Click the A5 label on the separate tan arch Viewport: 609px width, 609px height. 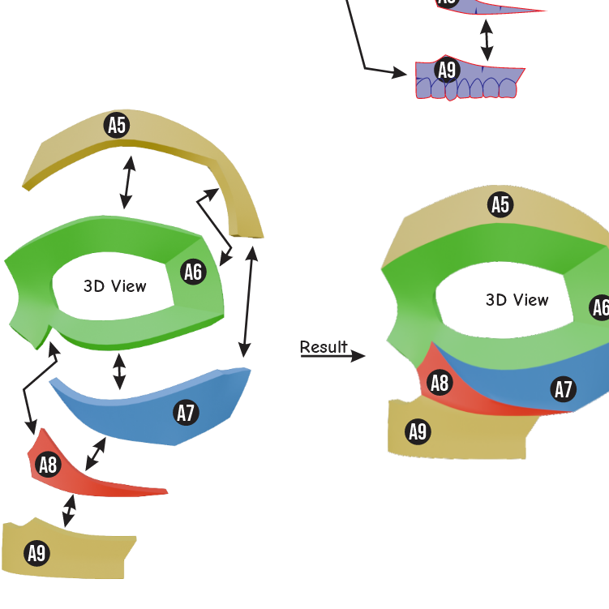pos(117,125)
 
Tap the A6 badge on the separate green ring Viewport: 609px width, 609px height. pos(194,272)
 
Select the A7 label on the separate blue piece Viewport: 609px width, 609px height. pos(186,412)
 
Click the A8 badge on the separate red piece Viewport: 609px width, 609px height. pos(48,465)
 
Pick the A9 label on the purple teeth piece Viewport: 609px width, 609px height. pos(447,70)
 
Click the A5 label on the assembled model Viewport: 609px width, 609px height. pos(500,204)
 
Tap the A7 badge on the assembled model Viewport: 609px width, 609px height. pos(563,388)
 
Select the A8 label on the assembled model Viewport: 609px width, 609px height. pos(440,383)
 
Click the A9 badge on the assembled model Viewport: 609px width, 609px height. pos(418,431)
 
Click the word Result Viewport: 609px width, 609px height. pos(324,347)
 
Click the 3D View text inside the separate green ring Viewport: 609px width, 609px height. pos(115,286)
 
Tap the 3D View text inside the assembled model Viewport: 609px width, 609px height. pos(517,300)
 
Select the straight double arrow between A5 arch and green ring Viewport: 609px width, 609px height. pos(128,182)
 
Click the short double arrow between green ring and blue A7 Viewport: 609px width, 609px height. pos(119,371)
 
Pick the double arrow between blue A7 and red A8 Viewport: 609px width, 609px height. pos(96,453)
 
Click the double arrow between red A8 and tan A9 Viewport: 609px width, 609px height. pos(69,510)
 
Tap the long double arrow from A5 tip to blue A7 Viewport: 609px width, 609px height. pos(248,302)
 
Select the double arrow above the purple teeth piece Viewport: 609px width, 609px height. pos(487,40)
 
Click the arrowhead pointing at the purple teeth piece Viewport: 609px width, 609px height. pos(400,73)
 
